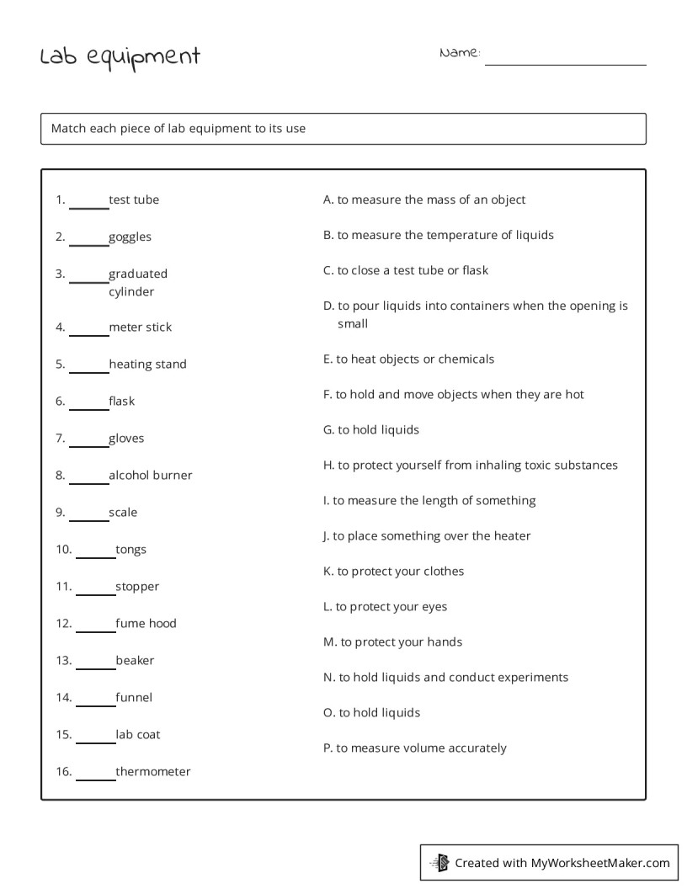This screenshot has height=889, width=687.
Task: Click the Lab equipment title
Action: click(x=120, y=57)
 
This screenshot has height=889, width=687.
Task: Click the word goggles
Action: click(x=130, y=237)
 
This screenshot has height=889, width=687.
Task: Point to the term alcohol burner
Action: click(x=150, y=476)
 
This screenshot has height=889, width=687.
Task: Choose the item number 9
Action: click(x=60, y=513)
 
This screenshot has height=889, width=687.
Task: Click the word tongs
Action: click(x=130, y=550)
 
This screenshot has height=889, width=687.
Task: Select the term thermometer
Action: click(x=152, y=772)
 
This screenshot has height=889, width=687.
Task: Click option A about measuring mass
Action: click(x=424, y=200)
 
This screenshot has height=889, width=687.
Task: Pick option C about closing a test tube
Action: click(x=406, y=271)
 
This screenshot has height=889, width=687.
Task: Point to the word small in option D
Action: click(x=353, y=324)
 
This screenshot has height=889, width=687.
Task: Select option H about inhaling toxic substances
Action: click(x=470, y=466)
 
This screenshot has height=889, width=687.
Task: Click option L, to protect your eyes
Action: click(x=385, y=607)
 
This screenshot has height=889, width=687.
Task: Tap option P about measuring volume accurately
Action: click(x=415, y=748)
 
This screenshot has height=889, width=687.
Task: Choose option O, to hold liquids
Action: click(x=371, y=713)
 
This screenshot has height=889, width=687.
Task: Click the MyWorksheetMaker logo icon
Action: click(x=439, y=862)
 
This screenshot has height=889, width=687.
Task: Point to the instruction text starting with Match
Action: click(x=178, y=129)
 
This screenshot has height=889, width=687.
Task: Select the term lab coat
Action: click(x=137, y=735)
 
